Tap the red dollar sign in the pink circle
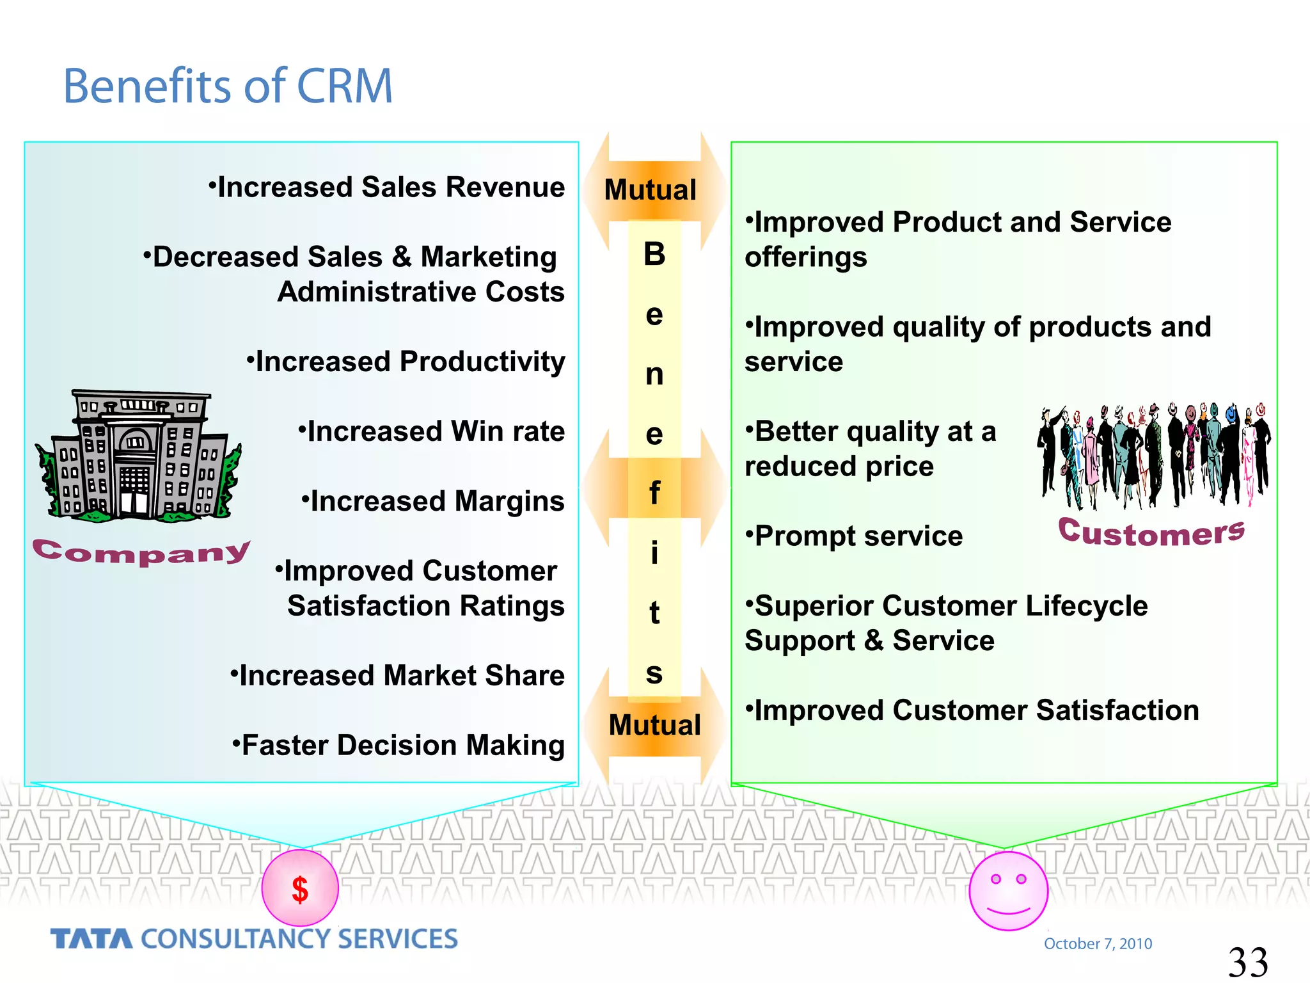[300, 890]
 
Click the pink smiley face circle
[1008, 890]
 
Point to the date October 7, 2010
[1098, 943]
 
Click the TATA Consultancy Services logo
[254, 939]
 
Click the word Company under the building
[141, 552]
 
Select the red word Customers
[1151, 532]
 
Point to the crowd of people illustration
[1153, 455]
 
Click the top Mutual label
[650, 190]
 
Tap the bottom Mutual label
[654, 725]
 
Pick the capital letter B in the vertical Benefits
[654, 254]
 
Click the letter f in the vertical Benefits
[654, 493]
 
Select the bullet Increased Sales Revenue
[388, 188]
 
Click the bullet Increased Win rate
[432, 431]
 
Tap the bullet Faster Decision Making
[399, 745]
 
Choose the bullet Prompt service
[854, 536]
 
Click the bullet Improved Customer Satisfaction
[972, 710]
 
